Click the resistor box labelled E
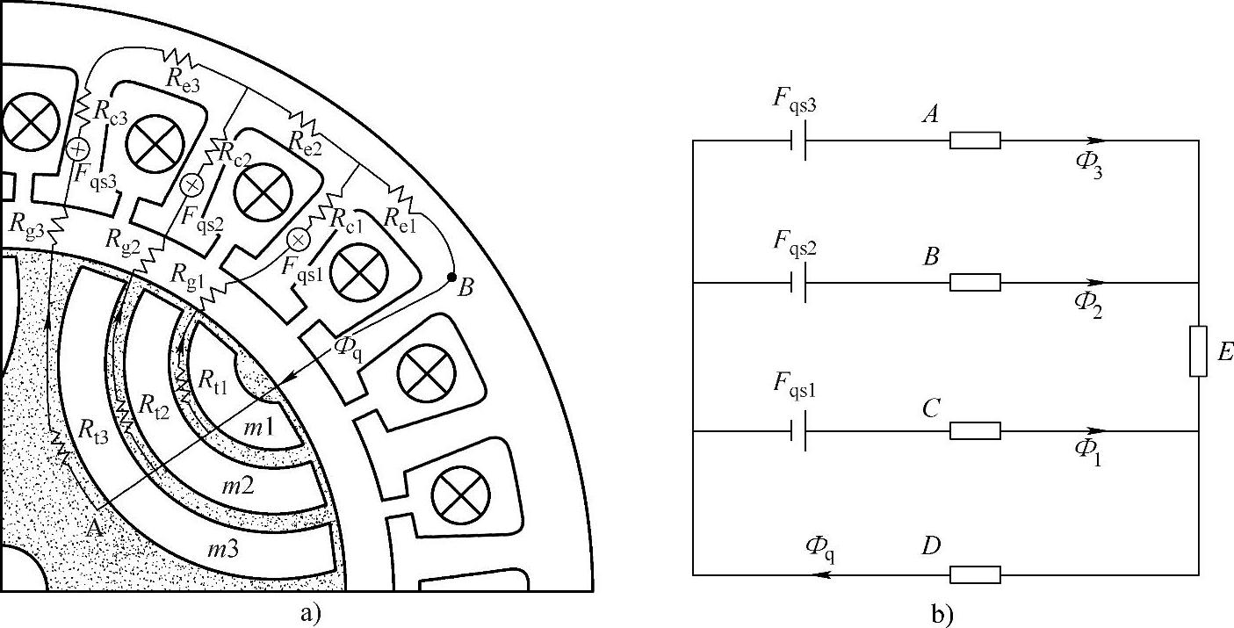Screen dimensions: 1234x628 (x=1198, y=351)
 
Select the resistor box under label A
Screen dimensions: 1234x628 (x=975, y=141)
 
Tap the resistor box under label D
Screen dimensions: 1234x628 (x=975, y=574)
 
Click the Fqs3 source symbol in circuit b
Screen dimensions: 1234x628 (x=798, y=141)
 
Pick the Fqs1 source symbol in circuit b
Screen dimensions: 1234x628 (x=798, y=430)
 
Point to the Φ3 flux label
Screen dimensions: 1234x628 (x=1088, y=165)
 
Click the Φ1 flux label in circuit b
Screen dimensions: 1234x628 (x=1088, y=453)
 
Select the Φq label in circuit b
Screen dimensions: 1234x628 (x=820, y=549)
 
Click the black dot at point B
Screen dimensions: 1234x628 (x=451, y=277)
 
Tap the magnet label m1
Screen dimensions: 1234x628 (x=258, y=427)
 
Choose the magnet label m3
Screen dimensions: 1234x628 (x=223, y=548)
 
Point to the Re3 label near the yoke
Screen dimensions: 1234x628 (x=183, y=81)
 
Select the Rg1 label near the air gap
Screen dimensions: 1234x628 (x=187, y=276)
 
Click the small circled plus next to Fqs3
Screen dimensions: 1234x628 (x=77, y=148)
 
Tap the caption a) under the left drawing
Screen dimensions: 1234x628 (x=311, y=612)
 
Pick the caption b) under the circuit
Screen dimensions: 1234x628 (x=942, y=614)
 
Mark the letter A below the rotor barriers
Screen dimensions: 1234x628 (x=95, y=529)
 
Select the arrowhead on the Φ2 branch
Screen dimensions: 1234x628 (x=1096, y=283)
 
